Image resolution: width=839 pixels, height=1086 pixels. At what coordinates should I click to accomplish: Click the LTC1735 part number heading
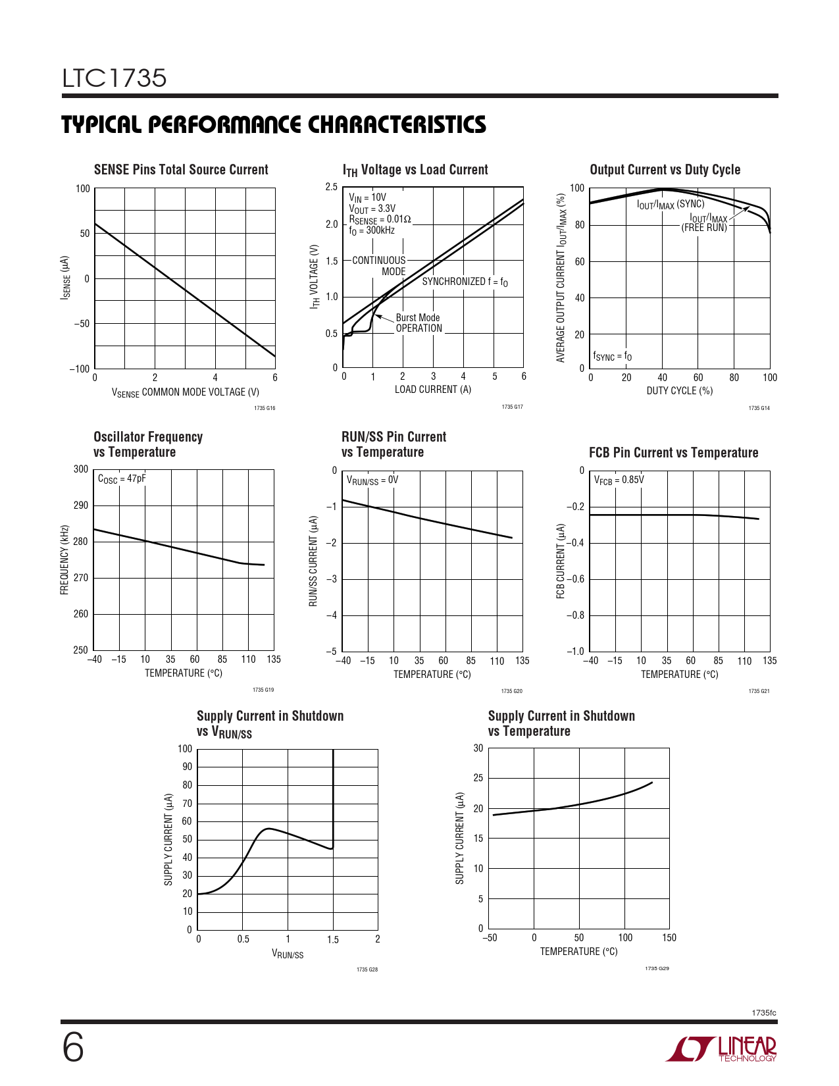[114, 78]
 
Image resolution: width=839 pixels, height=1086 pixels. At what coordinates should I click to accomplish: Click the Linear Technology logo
[721, 1049]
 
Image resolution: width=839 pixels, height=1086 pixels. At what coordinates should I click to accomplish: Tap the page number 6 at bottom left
[73, 1048]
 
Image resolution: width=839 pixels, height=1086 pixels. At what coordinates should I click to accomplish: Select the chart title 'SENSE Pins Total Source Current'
[181, 170]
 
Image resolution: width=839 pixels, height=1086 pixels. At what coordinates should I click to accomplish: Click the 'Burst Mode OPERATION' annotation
[419, 323]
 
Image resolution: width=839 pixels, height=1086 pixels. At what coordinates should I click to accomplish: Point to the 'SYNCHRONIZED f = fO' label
[465, 282]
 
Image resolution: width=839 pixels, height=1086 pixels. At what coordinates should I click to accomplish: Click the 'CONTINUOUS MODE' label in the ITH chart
[380, 266]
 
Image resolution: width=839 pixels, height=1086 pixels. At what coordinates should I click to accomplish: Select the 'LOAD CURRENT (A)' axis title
[432, 390]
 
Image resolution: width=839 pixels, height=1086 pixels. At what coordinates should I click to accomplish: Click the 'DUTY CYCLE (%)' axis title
[679, 391]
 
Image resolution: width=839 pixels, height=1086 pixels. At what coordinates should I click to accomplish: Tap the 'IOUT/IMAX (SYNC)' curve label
[670, 205]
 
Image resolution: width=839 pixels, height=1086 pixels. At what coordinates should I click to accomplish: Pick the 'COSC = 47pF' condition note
[122, 479]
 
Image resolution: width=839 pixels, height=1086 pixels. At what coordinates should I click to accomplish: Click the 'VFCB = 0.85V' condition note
[619, 480]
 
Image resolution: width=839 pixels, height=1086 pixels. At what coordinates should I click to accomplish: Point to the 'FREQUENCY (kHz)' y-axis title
[64, 560]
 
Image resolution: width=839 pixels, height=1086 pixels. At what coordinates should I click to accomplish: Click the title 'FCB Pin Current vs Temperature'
[673, 453]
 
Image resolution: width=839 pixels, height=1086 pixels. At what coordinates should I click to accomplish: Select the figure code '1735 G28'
[367, 970]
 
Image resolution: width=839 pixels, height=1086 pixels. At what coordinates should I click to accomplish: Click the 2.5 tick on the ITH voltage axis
[331, 187]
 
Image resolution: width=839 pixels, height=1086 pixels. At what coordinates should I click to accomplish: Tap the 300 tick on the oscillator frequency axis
[81, 469]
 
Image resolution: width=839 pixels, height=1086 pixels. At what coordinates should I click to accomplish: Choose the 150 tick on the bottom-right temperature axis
[669, 938]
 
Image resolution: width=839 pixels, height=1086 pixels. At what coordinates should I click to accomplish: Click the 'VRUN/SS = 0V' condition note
[372, 480]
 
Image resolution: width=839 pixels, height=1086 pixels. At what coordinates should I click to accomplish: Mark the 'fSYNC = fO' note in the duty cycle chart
[612, 357]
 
